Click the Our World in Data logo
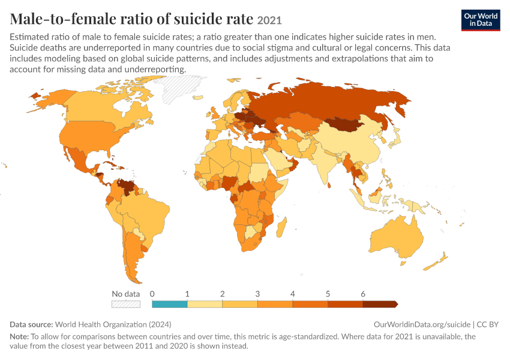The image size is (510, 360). tap(481, 20)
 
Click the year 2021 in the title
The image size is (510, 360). tap(269, 20)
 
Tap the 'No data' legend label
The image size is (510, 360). tap(125, 294)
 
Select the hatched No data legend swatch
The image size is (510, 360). tap(126, 304)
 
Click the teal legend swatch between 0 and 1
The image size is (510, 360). tap(169, 304)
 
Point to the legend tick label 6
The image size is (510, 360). tap(363, 294)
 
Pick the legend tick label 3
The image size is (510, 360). tap(257, 294)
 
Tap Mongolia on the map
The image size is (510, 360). tap(344, 124)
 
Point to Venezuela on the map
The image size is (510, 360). tap(127, 187)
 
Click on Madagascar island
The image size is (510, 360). tap(281, 227)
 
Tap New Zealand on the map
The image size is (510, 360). tap(437, 261)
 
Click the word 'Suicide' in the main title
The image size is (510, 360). tap(194, 19)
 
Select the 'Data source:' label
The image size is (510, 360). tap(31, 325)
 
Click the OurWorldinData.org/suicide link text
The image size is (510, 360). tap(422, 325)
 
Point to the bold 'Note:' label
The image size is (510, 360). tap(19, 336)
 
